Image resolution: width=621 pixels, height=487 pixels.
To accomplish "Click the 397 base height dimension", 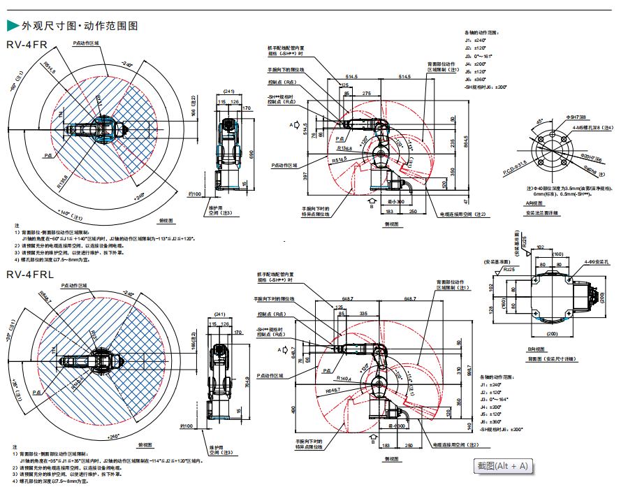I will (x=307, y=176).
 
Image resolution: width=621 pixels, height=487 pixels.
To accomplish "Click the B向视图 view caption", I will (x=536, y=349).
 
